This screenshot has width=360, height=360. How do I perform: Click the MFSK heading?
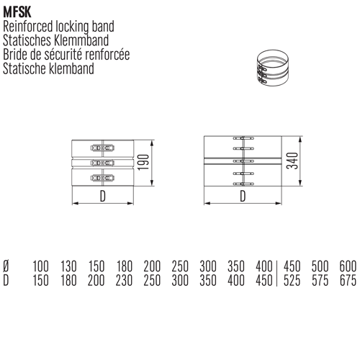pyautogui.click(x=17, y=12)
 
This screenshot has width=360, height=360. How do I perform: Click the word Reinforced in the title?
pyautogui.click(x=27, y=27)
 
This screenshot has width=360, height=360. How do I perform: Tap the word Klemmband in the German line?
pyautogui.click(x=81, y=40)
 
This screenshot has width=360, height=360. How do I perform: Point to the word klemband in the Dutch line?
pyautogui.click(x=71, y=68)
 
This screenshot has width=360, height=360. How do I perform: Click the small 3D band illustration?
pyautogui.click(x=273, y=68)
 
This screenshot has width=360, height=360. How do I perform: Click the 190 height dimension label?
pyautogui.click(x=143, y=163)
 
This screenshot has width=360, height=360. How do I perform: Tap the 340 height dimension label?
pyautogui.click(x=292, y=161)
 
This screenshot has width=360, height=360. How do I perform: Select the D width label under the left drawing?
pyautogui.click(x=103, y=197)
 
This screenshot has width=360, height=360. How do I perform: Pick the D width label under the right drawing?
pyautogui.click(x=243, y=197)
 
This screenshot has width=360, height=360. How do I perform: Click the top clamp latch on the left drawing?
pyautogui.click(x=102, y=148)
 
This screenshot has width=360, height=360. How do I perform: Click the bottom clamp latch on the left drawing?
pyautogui.click(x=102, y=178)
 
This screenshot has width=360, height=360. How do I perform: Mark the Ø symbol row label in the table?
pyautogui.click(x=6, y=266)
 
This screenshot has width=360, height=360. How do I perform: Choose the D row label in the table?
pyautogui.click(x=6, y=280)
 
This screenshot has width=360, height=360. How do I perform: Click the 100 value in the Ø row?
pyautogui.click(x=40, y=266)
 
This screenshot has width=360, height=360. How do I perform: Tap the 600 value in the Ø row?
pyautogui.click(x=348, y=266)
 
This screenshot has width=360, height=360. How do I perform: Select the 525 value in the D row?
pyautogui.click(x=292, y=280)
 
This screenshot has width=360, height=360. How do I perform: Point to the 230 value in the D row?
pyautogui.click(x=124, y=280)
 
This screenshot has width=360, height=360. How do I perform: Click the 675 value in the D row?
pyautogui.click(x=348, y=280)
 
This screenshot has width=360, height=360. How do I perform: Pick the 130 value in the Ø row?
pyautogui.click(x=68, y=266)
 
